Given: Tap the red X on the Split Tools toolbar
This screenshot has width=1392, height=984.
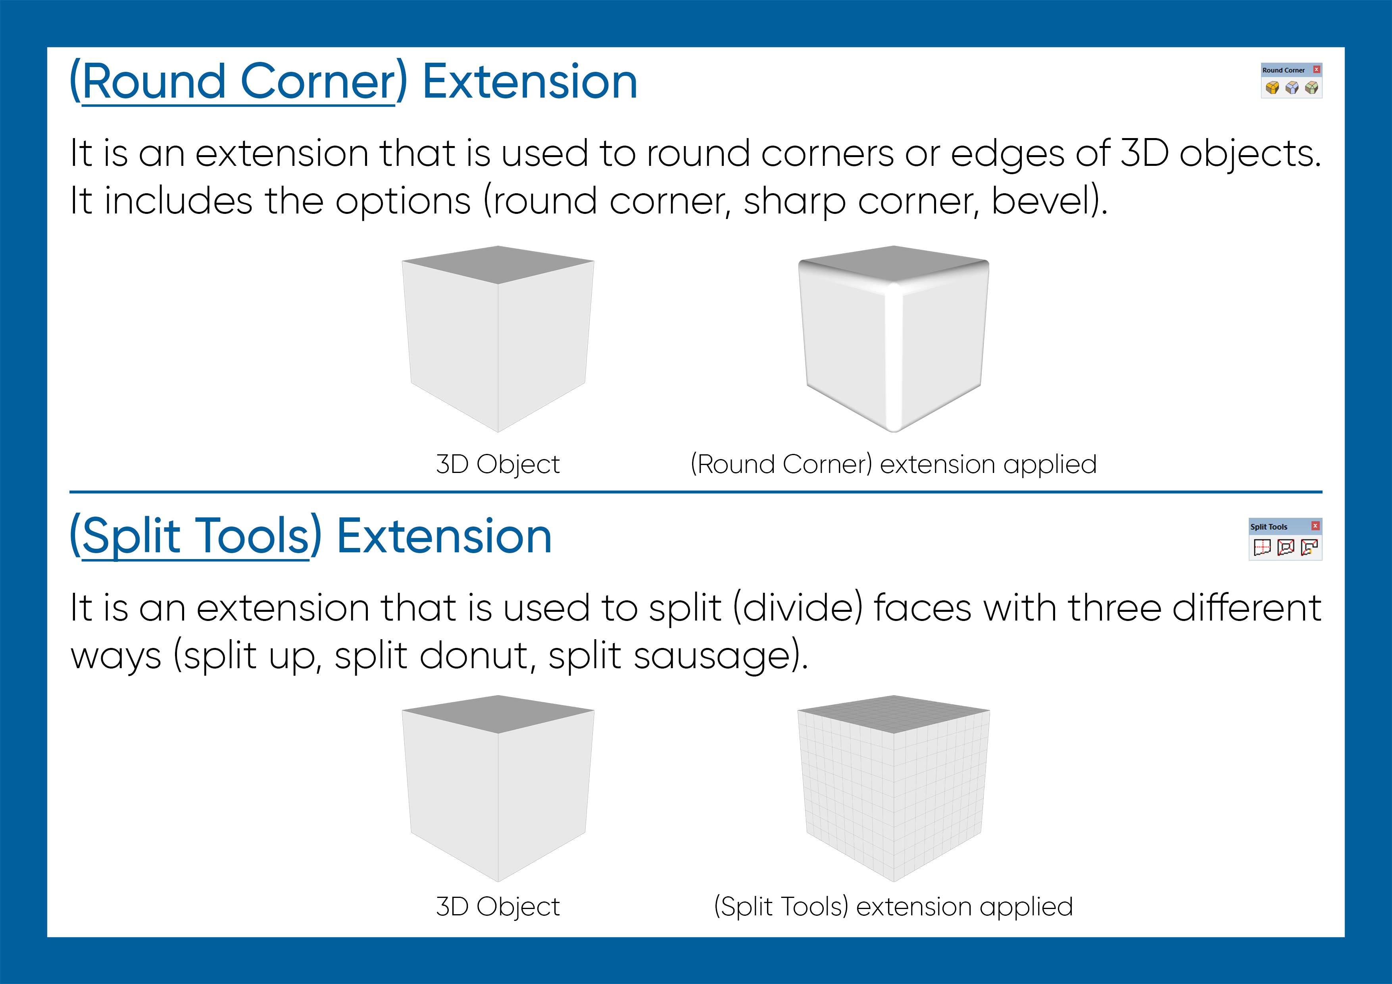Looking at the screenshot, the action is coord(1315,526).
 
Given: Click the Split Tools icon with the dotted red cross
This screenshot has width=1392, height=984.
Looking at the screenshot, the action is coord(1262,548).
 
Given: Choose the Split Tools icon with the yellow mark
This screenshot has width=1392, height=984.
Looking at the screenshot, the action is coord(1309,548).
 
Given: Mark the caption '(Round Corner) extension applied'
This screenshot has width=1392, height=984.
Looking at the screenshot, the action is coord(894,464).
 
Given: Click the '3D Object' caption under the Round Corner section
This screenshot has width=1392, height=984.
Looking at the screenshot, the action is coord(498,464).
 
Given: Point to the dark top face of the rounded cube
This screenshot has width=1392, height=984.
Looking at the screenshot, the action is coord(894,264).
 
